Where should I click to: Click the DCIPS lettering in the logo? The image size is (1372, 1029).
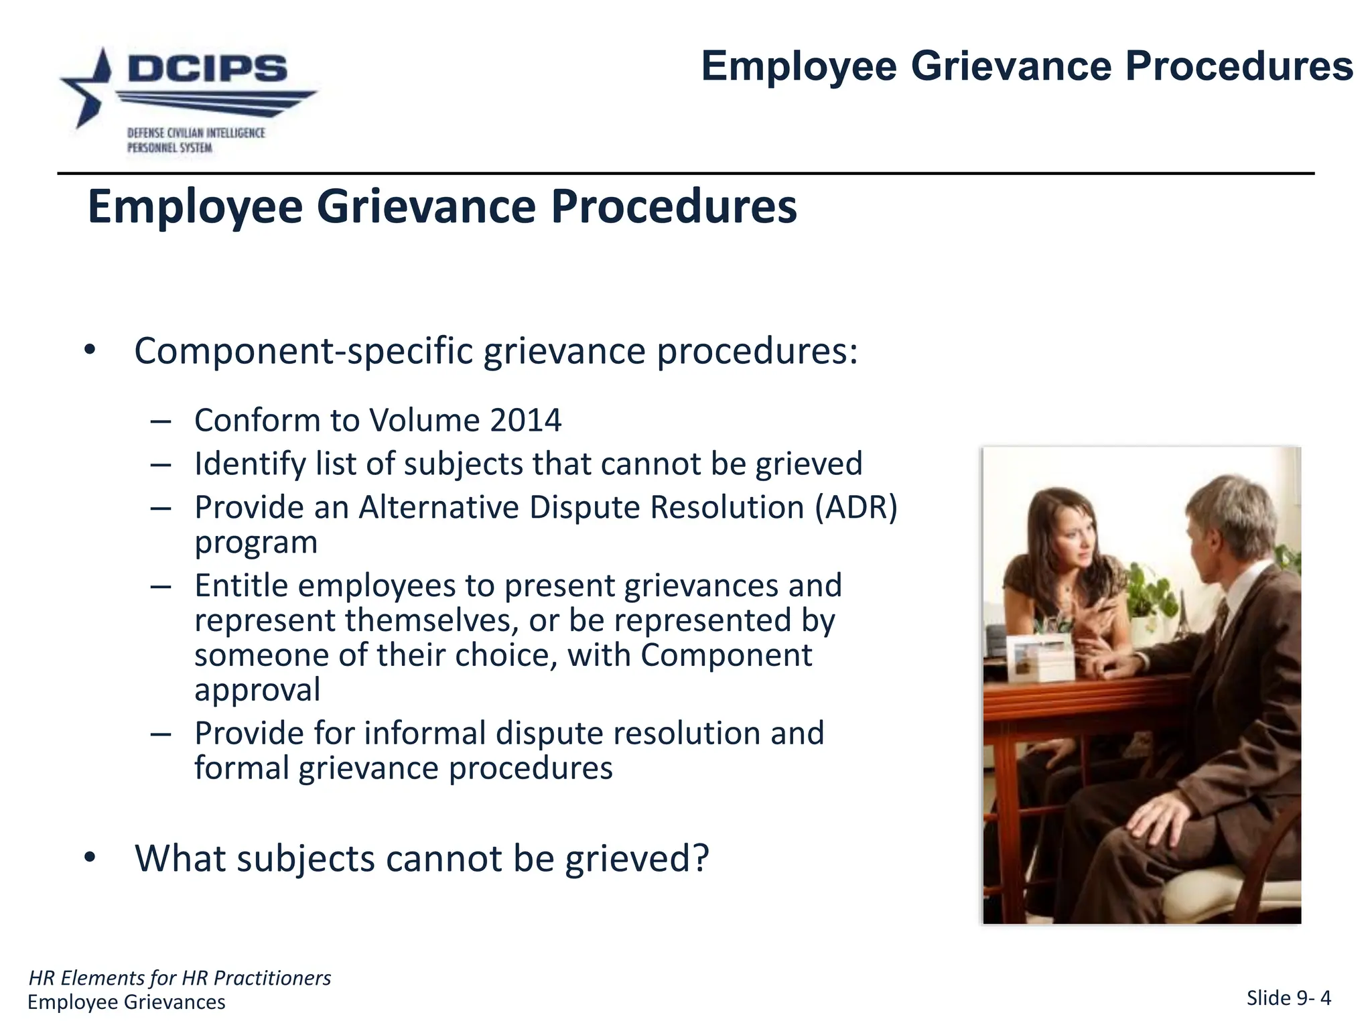207,68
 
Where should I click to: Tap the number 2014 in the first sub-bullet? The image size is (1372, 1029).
525,421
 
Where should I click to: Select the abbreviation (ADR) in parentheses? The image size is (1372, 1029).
856,507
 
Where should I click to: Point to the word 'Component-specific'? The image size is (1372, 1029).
303,351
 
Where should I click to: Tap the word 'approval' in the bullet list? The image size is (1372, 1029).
257,690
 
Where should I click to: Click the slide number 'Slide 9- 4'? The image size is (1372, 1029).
1288,998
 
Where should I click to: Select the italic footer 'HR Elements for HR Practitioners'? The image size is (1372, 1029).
180,978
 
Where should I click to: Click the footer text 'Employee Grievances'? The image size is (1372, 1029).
127,1002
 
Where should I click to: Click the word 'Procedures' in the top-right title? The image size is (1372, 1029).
1239,66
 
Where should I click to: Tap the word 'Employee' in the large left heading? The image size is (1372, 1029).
195,206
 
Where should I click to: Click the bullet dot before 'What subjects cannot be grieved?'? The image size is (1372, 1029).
90,858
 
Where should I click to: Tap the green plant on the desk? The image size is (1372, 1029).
1149,590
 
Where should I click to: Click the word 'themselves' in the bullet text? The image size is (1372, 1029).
431,620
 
